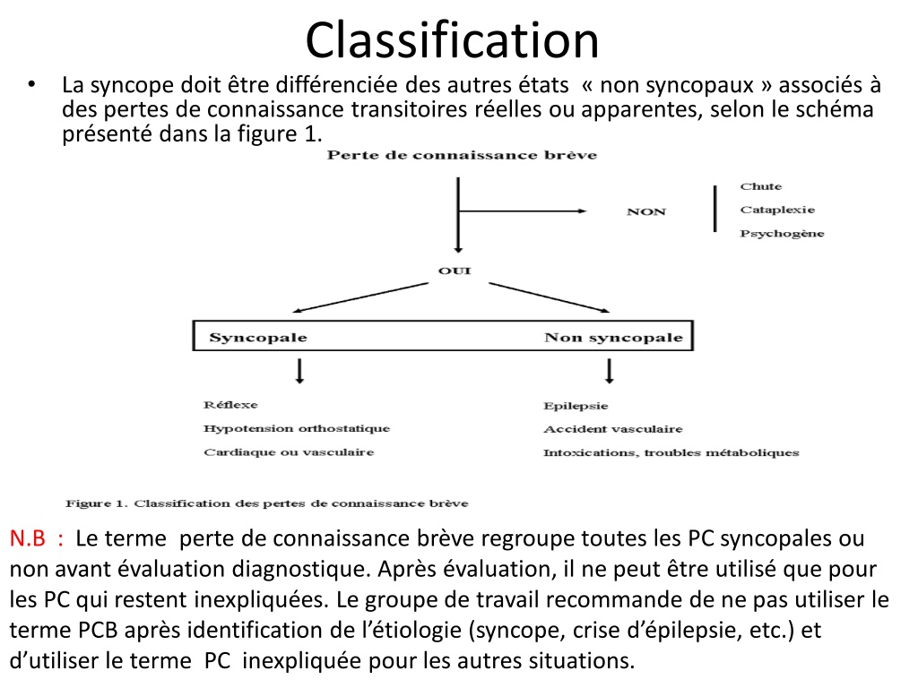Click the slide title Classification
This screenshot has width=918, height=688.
click(452, 39)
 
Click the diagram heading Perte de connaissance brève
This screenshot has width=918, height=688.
click(462, 155)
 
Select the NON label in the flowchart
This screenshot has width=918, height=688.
click(646, 211)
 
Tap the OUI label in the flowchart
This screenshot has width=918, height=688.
click(455, 271)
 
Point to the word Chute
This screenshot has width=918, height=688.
click(761, 186)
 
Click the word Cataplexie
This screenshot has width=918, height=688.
click(777, 210)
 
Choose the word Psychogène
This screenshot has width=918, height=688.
click(782, 234)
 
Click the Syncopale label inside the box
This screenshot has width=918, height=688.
click(258, 338)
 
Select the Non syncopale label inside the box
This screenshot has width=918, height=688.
click(613, 338)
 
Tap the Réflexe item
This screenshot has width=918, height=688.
click(230, 405)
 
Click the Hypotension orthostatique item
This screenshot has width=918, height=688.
click(297, 429)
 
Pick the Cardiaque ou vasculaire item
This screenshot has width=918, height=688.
click(289, 452)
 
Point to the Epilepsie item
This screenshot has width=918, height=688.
click(576, 406)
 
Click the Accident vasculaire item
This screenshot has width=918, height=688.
click(613, 429)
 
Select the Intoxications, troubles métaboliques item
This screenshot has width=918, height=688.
click(671, 452)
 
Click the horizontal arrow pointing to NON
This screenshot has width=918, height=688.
click(523, 211)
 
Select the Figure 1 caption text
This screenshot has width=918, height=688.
click(267, 503)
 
